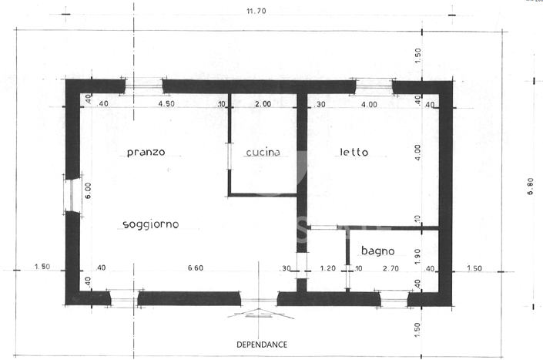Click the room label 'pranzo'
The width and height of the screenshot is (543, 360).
[x=146, y=153]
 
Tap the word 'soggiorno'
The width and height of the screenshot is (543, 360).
[x=151, y=224]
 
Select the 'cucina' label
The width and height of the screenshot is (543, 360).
[x=263, y=153]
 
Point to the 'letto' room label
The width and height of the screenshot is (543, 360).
[x=354, y=153]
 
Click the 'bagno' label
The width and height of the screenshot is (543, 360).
[x=377, y=251]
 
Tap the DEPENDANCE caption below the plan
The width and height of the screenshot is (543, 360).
[x=262, y=344]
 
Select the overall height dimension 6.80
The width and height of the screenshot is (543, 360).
[x=530, y=187]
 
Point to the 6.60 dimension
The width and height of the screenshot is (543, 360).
[x=196, y=268]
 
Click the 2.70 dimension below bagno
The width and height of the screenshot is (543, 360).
[x=390, y=268]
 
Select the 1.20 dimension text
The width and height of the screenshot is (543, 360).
[x=327, y=268]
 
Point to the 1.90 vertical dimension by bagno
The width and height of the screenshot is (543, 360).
[x=417, y=256]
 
